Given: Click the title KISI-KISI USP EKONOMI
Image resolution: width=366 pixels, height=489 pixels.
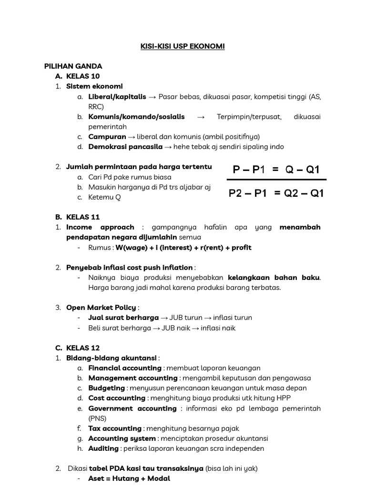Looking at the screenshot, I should tap(183, 46).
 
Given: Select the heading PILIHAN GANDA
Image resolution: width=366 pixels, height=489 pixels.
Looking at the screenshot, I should tap(73, 66).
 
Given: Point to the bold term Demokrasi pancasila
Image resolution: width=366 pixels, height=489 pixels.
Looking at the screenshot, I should tap(125, 147).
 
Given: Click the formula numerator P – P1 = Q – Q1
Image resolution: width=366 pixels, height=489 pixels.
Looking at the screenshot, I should tap(276, 170).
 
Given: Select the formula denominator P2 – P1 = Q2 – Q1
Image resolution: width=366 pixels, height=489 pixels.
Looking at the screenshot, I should tap(276, 193).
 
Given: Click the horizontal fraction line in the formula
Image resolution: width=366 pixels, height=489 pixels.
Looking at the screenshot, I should tap(276, 180).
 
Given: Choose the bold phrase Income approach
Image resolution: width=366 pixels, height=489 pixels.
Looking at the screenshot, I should tap(100, 227).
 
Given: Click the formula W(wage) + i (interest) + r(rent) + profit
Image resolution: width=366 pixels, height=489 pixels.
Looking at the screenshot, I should tap(183, 247).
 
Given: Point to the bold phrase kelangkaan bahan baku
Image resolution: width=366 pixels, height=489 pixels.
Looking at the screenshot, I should tap(274, 277).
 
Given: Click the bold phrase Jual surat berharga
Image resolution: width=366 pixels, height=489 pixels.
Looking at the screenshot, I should tap(123, 318).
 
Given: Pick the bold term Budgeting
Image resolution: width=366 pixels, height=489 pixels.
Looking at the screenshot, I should tap(106, 388).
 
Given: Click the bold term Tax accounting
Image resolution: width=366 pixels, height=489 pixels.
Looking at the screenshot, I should tap(115, 428).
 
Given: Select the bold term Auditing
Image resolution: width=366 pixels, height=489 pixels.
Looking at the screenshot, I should tap(103, 448).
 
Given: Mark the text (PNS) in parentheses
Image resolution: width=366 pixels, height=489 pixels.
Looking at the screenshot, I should tap(97, 418).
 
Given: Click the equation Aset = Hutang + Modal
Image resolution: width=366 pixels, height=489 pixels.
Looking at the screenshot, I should tap(129, 478).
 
